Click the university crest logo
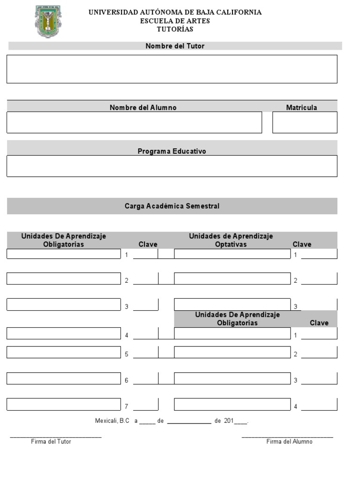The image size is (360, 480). [48, 21]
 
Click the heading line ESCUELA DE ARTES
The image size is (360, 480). [175, 21]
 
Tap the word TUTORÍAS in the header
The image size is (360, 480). [175, 29]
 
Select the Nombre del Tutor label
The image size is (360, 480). [175, 46]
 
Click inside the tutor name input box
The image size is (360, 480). [172, 69]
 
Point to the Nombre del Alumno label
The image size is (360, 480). [143, 107]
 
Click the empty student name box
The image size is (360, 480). [134, 122]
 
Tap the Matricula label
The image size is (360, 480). [301, 107]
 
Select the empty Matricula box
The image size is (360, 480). [305, 122]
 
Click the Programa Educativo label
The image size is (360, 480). [172, 151]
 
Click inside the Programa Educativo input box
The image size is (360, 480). [172, 166]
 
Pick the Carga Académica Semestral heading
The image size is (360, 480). [172, 206]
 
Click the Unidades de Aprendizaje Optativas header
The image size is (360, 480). [231, 240]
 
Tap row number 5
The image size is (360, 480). [127, 354]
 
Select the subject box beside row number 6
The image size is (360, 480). [64, 378]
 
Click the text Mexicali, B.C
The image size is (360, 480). [112, 421]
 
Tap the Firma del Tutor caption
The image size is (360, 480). [51, 442]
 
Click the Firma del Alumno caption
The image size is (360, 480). [289, 442]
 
